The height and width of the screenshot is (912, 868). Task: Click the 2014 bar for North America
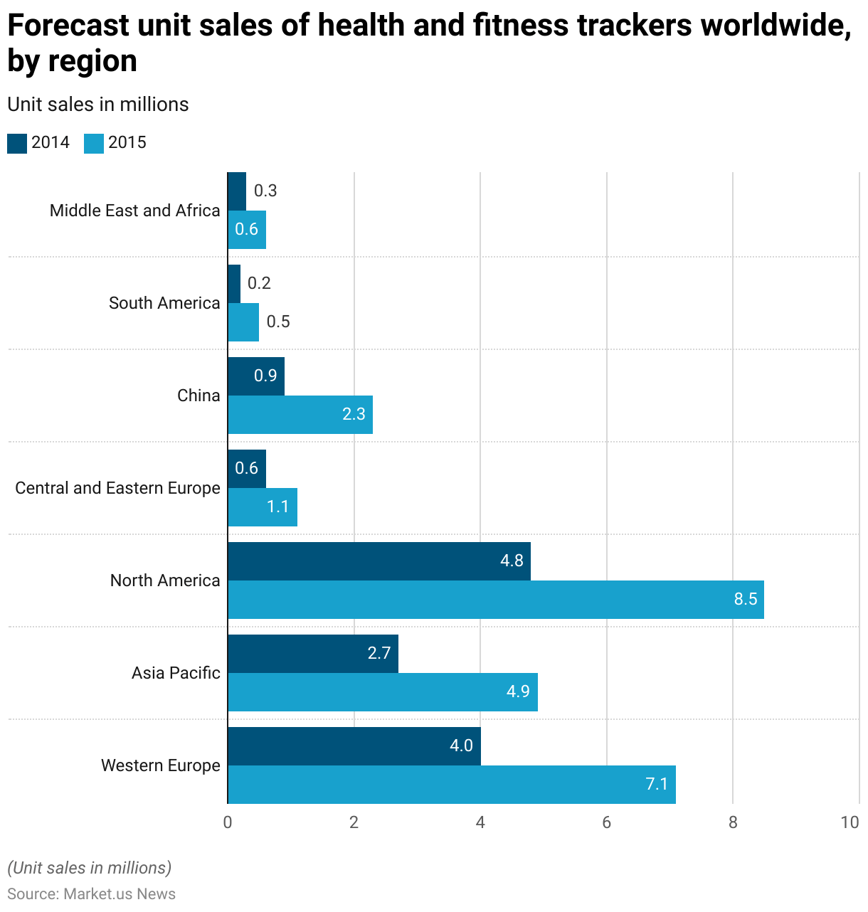pyautogui.click(x=379, y=561)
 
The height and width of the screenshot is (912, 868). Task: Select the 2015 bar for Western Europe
pyautogui.click(x=452, y=785)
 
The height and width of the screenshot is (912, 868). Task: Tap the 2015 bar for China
pyautogui.click(x=300, y=415)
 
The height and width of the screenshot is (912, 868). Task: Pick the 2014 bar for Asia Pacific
pyautogui.click(x=313, y=654)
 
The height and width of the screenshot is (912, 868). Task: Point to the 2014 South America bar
pyautogui.click(x=234, y=284)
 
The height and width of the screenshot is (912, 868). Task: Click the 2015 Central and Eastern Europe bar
pyautogui.click(x=263, y=507)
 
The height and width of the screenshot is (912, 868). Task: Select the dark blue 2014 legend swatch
pyautogui.click(x=17, y=143)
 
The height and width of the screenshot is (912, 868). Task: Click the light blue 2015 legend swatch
pyautogui.click(x=94, y=143)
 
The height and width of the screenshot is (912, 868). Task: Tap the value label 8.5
pyautogui.click(x=746, y=599)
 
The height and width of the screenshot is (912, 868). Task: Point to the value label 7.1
pyautogui.click(x=657, y=784)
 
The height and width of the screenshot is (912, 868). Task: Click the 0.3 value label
pyautogui.click(x=265, y=191)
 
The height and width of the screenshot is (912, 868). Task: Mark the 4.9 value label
pyautogui.click(x=518, y=691)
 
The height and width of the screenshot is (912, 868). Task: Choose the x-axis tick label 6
pyautogui.click(x=607, y=823)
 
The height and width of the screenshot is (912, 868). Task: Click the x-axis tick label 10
pyautogui.click(x=850, y=823)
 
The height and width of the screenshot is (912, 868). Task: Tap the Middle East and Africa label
pyautogui.click(x=135, y=211)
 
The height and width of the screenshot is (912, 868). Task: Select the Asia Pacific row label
pyautogui.click(x=176, y=673)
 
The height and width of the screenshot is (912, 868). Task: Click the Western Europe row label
pyautogui.click(x=161, y=765)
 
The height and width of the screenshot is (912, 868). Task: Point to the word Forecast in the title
pyautogui.click(x=69, y=26)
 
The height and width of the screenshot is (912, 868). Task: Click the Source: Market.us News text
pyautogui.click(x=92, y=894)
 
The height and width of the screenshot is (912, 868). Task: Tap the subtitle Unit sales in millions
pyautogui.click(x=98, y=105)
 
